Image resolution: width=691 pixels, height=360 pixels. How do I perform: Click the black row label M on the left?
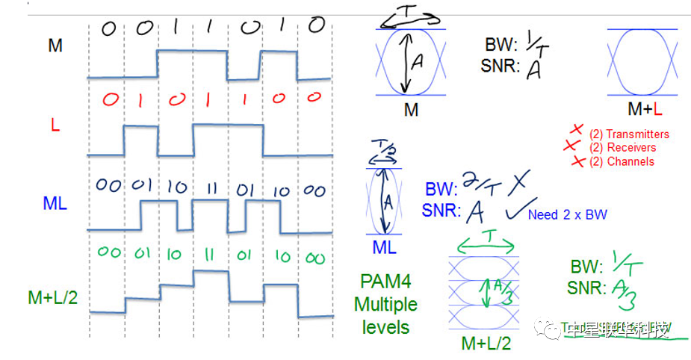coord(55,46)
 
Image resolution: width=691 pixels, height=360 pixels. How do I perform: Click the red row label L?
coord(55,125)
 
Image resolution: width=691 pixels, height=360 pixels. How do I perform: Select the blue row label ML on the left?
coord(55,202)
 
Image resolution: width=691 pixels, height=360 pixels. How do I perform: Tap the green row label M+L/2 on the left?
coord(52,297)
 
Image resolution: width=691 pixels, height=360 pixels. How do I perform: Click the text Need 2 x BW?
coord(567,215)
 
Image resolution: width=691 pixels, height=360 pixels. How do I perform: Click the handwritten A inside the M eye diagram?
coord(418,64)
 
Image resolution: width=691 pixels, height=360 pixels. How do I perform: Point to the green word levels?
coord(385,326)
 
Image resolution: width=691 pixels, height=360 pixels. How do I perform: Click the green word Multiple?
coord(385,305)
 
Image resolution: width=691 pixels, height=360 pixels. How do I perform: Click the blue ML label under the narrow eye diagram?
coord(384,247)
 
